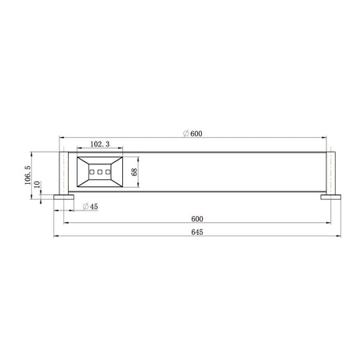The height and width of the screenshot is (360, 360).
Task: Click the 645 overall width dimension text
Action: pos(197,232)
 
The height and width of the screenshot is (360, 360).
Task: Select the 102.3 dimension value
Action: pos(100,144)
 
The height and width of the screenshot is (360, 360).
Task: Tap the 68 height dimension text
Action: pos(135,172)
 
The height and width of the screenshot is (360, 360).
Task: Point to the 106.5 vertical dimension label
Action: pos(28,175)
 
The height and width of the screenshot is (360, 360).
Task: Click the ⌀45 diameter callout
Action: pos(90,207)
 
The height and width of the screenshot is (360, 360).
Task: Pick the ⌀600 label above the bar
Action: pos(193,134)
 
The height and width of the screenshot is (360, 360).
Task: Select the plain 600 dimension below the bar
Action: pos(197,218)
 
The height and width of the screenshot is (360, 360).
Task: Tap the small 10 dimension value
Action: pos(38,184)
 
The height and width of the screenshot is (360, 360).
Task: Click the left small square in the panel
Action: pos(92,172)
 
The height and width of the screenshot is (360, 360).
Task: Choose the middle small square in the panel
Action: pos(99,172)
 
